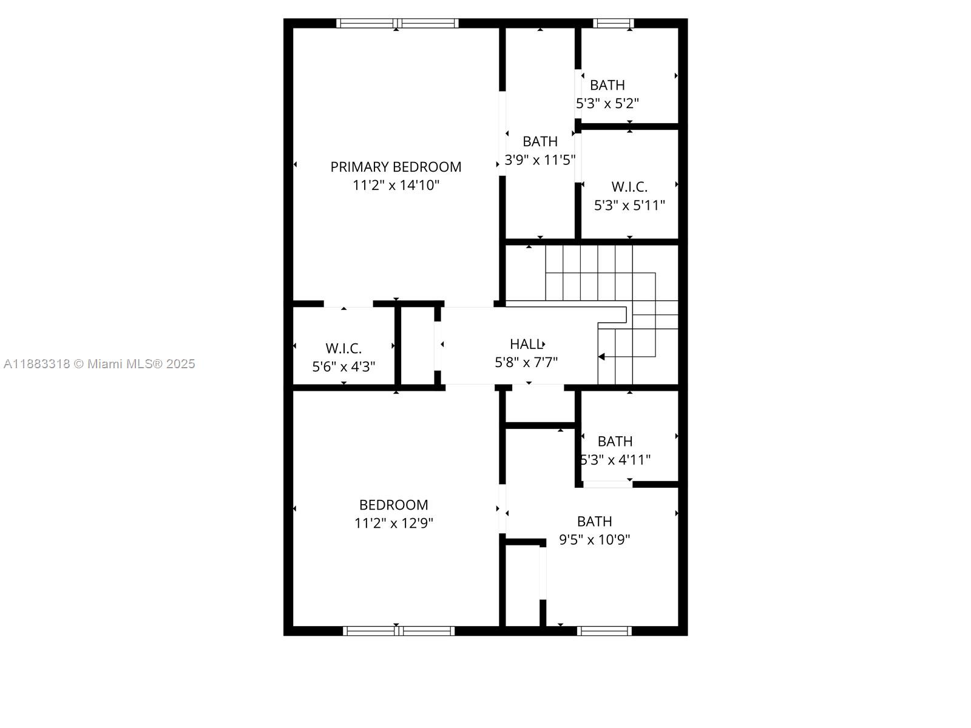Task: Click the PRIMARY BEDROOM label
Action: [396, 167]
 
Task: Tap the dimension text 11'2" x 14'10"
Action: [396, 185]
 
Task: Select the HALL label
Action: [526, 344]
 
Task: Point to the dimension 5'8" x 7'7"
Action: [526, 362]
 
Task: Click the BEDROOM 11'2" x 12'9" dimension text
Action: [394, 524]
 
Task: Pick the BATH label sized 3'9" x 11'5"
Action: [540, 141]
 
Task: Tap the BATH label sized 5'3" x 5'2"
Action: [607, 85]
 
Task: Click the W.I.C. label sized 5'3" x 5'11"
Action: [629, 187]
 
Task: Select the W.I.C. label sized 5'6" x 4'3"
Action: [343, 349]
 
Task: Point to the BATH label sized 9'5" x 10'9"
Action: [594, 522]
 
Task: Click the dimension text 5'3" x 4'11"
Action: [615, 460]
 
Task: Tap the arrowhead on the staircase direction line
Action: [601, 357]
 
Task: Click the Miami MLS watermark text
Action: [99, 364]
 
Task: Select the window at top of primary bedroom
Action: [398, 24]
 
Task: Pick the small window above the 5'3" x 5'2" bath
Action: [613, 24]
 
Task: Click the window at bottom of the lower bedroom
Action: [399, 631]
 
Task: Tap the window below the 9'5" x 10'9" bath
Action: [604, 631]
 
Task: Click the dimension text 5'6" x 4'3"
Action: [343, 367]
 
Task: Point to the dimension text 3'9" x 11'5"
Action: [540, 160]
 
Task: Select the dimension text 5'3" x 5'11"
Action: [629, 206]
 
